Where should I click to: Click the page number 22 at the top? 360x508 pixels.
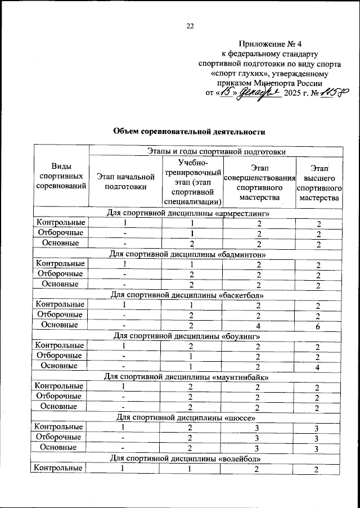point(190,25)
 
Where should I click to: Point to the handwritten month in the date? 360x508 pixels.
point(260,93)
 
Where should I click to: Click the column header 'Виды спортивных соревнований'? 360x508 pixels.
point(61,177)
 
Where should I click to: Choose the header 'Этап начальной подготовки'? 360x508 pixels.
point(125,182)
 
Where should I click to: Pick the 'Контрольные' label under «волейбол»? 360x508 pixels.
point(60,469)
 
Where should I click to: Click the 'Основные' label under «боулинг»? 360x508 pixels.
point(60,366)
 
